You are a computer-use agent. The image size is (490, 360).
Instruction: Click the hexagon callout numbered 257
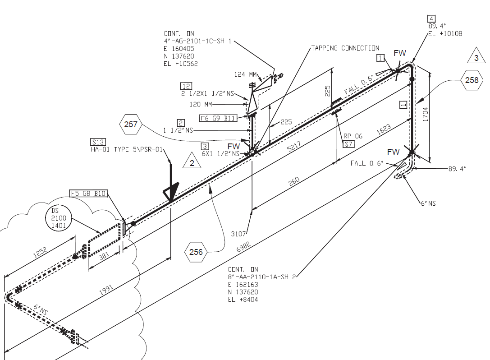[x=131, y=125]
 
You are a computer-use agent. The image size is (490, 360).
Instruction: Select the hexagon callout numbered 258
[x=472, y=80]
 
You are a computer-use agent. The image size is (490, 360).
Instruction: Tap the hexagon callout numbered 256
[x=196, y=252]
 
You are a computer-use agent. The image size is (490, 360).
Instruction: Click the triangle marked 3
[x=476, y=55]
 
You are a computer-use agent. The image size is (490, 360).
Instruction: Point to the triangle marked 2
[x=192, y=161]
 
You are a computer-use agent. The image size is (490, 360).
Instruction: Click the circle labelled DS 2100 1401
[x=59, y=218]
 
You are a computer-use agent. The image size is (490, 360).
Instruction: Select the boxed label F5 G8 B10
[x=88, y=193]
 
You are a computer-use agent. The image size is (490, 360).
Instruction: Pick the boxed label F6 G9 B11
[x=218, y=118]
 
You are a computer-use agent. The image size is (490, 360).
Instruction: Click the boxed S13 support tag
[x=98, y=142]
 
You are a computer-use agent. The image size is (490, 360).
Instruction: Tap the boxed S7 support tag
[x=348, y=144]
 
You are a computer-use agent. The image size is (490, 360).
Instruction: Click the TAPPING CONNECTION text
[x=345, y=48]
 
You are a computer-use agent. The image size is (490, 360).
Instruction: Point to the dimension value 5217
[x=294, y=146]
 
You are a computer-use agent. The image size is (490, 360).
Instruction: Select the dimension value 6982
[x=243, y=247]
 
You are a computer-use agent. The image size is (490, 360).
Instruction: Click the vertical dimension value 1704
[x=425, y=114]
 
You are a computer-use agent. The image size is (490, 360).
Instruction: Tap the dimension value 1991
[x=106, y=290]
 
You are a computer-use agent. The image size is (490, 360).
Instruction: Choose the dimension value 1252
[x=40, y=252]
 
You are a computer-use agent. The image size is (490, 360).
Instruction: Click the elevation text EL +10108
[x=445, y=34]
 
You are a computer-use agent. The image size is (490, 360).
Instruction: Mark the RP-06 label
[x=353, y=136]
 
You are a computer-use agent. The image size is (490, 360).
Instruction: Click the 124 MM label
[x=245, y=74]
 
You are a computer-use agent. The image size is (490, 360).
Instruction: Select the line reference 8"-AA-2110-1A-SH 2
[x=261, y=277]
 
